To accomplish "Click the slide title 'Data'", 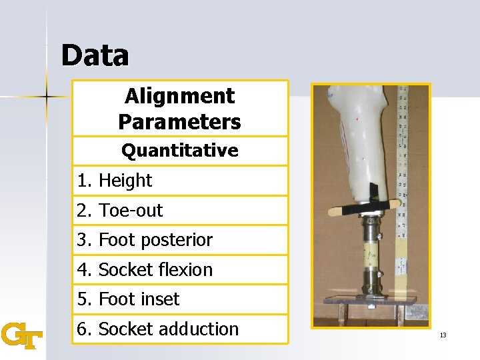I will [x=95, y=56].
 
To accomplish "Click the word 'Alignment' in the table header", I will [x=179, y=96].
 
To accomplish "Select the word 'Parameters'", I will [x=179, y=122].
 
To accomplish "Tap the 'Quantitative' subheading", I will [x=179, y=151].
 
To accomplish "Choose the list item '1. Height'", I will [x=115, y=181].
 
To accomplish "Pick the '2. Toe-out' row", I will [x=120, y=211].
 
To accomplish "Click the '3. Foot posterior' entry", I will [x=145, y=240].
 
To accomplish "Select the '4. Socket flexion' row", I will [x=145, y=270].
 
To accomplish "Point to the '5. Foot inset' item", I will [x=128, y=299].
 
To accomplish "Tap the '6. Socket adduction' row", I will [x=157, y=329].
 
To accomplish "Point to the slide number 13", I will [x=443, y=335].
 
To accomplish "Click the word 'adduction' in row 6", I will [x=205, y=329].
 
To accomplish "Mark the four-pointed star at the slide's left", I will [x=47, y=97].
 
